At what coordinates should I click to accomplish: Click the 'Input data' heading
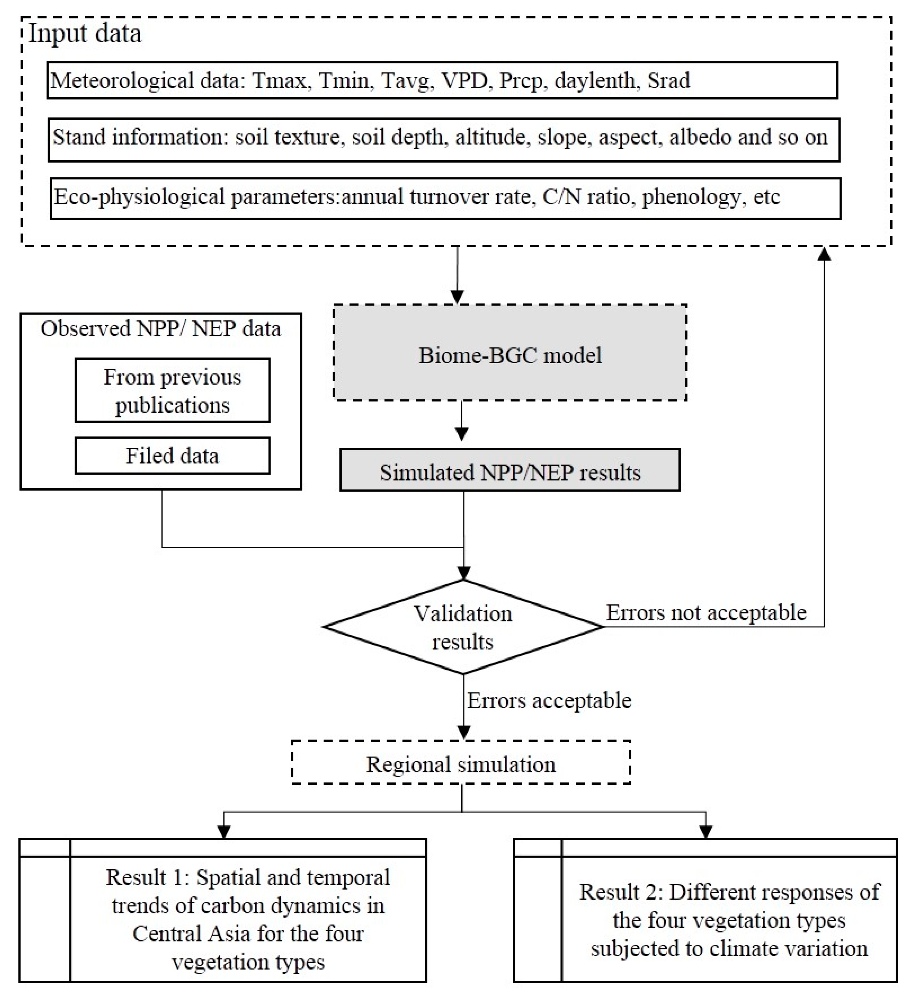point(85,34)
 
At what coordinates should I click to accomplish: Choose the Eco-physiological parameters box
point(445,199)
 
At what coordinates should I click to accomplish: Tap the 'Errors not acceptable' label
point(706,613)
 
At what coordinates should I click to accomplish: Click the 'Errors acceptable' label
point(549,701)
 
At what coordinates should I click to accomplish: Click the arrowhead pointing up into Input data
point(824,254)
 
